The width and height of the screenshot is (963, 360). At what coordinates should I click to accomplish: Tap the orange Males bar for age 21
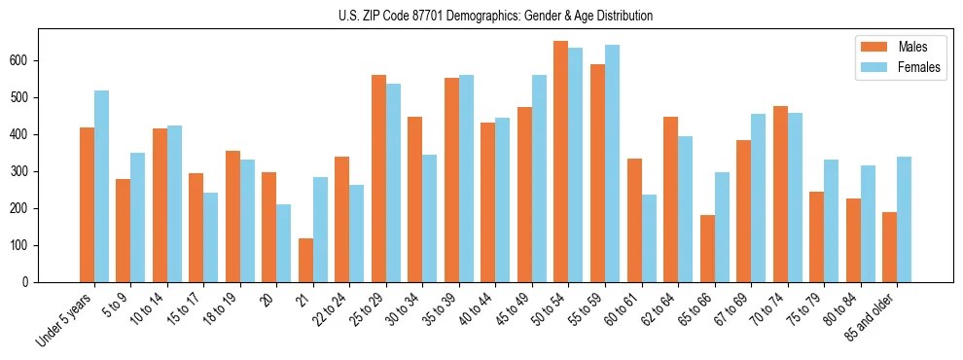click(x=305, y=260)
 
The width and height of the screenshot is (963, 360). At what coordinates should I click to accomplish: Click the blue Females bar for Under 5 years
click(x=101, y=186)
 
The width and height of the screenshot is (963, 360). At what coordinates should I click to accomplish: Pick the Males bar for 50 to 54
click(x=560, y=162)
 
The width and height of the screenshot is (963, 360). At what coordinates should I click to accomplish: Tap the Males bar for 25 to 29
click(x=378, y=178)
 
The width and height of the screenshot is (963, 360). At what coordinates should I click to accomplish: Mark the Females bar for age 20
click(x=284, y=243)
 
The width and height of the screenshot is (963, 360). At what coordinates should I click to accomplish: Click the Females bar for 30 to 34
click(x=430, y=218)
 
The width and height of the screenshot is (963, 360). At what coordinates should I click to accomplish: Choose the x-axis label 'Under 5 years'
click(x=64, y=318)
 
